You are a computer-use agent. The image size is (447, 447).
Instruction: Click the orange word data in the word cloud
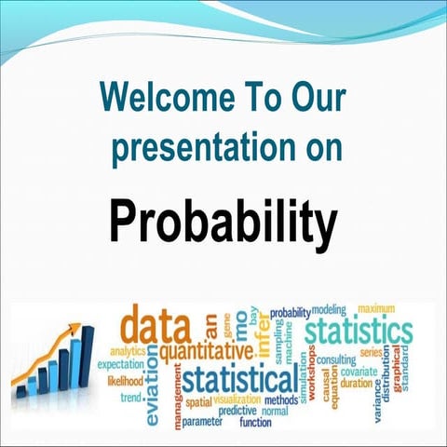(x=156, y=326)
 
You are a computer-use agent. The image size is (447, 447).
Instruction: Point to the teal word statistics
(x=359, y=331)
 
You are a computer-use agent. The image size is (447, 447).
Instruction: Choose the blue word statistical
(x=240, y=380)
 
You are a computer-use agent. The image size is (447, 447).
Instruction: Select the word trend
(x=131, y=398)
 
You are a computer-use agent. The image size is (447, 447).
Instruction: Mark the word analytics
(x=128, y=351)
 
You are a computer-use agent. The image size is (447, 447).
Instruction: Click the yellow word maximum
(x=377, y=308)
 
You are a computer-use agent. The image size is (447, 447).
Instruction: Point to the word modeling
(x=329, y=309)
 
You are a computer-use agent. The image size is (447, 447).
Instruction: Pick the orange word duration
(x=357, y=383)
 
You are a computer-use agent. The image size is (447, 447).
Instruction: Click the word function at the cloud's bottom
(x=255, y=422)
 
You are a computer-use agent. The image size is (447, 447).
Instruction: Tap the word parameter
(x=203, y=422)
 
